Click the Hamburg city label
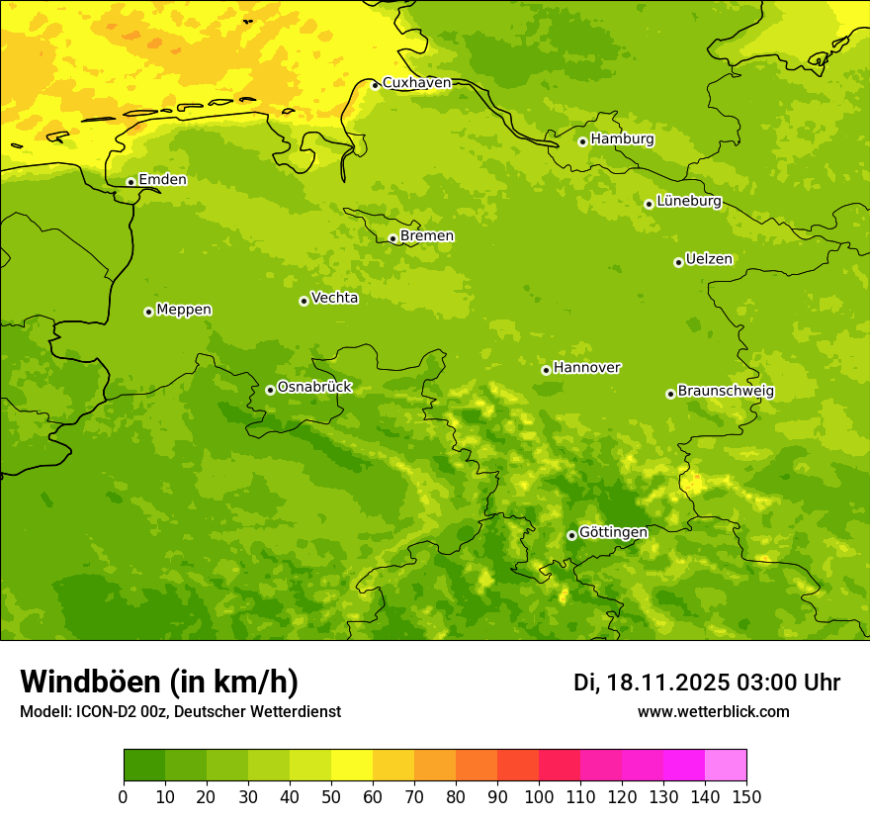[x=622, y=139]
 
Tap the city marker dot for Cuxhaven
[x=375, y=85]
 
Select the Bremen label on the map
[x=427, y=236]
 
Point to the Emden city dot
[x=130, y=182]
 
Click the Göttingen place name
[x=613, y=533]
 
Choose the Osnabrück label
[x=314, y=388]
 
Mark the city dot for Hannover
[x=546, y=370]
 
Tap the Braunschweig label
[x=726, y=392]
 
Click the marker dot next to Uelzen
[x=678, y=262]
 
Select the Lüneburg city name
[x=689, y=202]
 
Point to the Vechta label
[x=334, y=298]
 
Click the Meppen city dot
[x=148, y=312]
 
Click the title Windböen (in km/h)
[x=159, y=682]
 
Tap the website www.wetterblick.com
[x=713, y=712]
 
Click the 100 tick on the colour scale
[x=539, y=796]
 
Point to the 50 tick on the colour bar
[x=331, y=796]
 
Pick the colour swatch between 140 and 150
[x=726, y=765]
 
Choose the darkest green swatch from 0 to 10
[x=144, y=765]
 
